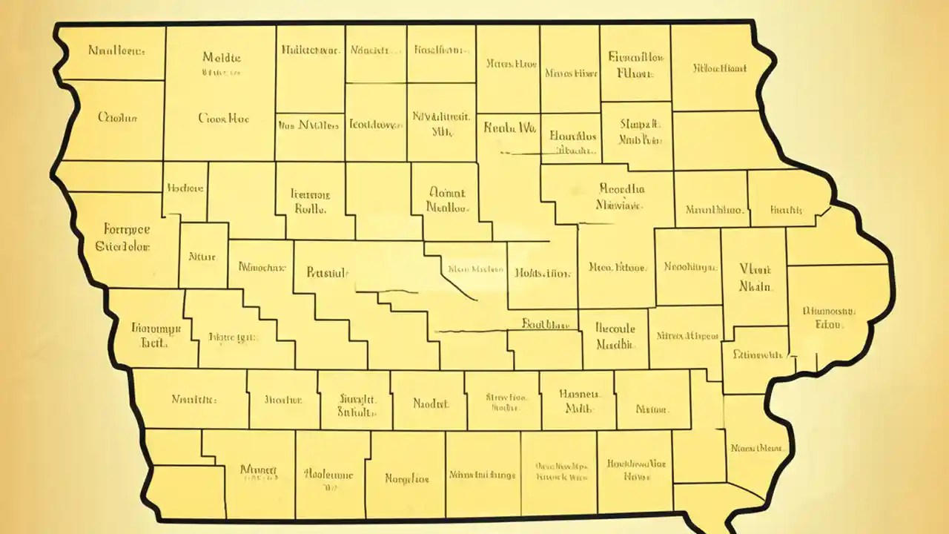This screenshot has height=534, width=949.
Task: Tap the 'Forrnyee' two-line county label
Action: tap(122, 238)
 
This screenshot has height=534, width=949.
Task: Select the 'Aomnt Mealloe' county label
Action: tap(447, 200)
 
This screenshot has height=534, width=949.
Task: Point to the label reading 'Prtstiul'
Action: tap(327, 272)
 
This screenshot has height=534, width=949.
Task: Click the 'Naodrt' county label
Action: tap(431, 404)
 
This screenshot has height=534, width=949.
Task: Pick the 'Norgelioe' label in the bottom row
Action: tap(406, 478)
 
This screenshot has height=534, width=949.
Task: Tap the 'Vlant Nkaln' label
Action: tap(755, 277)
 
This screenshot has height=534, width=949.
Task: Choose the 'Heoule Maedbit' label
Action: tap(616, 336)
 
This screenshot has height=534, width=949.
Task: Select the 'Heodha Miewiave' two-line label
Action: tap(621, 197)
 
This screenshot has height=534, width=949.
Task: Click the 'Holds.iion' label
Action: tap(543, 273)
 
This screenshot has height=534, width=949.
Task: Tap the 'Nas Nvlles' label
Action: tap(310, 125)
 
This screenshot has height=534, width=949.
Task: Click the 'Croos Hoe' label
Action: tap(223, 118)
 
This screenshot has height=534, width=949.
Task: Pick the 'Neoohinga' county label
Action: tap(689, 267)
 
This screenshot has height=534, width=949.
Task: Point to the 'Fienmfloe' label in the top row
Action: tap(635, 65)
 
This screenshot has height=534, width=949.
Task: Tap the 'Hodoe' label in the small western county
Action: tap(185, 188)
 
